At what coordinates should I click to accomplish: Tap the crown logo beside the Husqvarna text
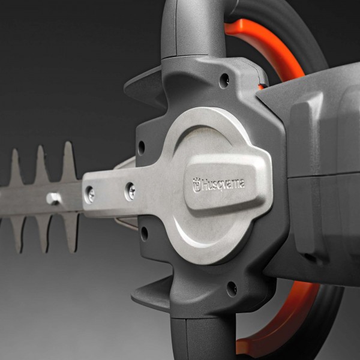point(197,185)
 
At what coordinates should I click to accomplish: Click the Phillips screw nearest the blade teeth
point(90,194)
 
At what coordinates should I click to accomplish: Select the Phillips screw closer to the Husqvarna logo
point(131,191)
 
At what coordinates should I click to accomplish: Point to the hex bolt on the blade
point(53,199)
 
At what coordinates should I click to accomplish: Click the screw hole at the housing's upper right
point(224,81)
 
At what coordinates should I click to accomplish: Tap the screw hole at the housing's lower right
point(232,289)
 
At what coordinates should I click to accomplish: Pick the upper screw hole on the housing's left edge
point(142,148)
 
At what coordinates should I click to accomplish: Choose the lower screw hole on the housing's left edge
point(145,233)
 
